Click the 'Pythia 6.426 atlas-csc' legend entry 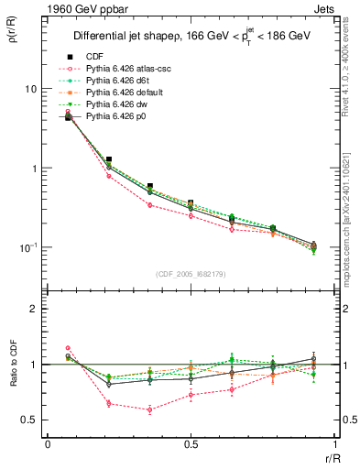[120, 69]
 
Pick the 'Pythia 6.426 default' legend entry [118, 93]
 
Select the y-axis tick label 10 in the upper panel [31, 89]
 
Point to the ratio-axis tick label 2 [34, 310]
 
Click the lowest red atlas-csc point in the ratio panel [150, 409]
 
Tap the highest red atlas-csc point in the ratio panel [69, 348]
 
